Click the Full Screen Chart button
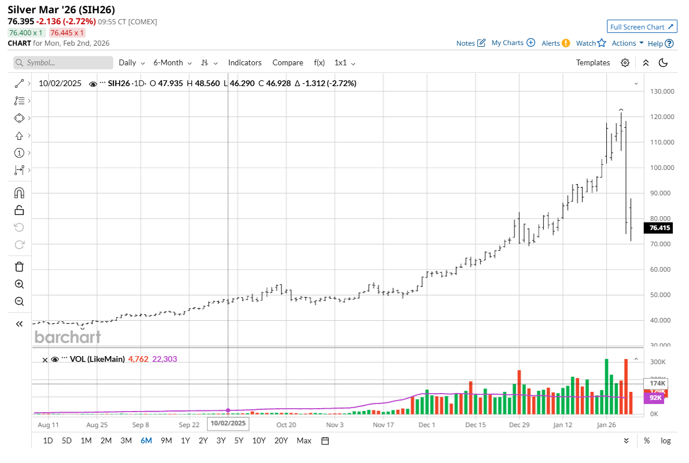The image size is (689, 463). (642, 27)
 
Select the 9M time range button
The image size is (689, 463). (166, 440)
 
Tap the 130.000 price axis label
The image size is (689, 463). (662, 91)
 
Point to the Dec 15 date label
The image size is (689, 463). (475, 424)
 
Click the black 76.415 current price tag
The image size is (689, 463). (660, 228)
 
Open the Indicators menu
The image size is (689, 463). (245, 62)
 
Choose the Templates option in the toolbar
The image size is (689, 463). (593, 62)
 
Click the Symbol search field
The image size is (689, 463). (64, 62)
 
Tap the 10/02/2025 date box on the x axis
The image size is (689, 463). (228, 423)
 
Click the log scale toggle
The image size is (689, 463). (666, 440)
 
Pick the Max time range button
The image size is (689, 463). (304, 440)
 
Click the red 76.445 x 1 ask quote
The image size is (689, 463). (66, 33)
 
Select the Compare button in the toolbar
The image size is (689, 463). (288, 62)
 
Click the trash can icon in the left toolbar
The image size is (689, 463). (19, 266)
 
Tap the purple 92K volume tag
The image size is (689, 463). (656, 398)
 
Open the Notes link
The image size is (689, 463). (471, 43)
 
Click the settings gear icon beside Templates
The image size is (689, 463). (625, 62)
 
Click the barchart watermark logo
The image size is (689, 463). (68, 336)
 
